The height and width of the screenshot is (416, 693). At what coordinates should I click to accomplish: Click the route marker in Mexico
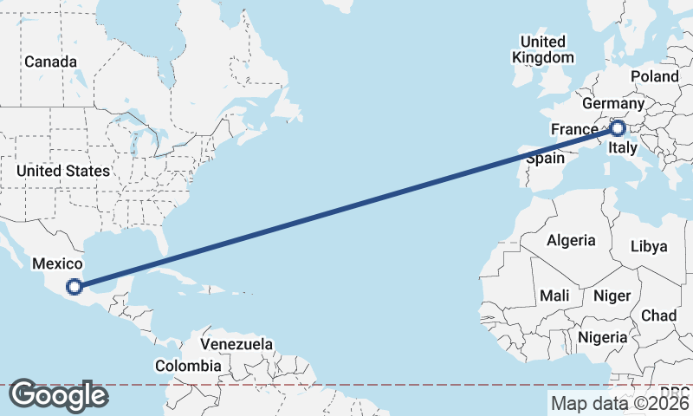click(x=75, y=286)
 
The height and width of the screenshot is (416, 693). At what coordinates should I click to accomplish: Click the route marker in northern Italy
click(x=618, y=129)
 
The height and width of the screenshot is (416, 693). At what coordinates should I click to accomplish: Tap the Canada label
click(x=50, y=62)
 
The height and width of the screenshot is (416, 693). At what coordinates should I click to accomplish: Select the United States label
click(x=63, y=171)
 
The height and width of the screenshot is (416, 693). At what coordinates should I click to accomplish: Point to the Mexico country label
click(x=57, y=264)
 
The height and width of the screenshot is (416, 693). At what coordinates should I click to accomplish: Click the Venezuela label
click(x=236, y=345)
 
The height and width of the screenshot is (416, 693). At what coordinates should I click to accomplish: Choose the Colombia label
click(x=188, y=366)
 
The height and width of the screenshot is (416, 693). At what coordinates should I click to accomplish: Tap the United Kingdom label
click(x=543, y=49)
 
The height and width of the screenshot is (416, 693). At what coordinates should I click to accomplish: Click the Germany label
click(x=613, y=104)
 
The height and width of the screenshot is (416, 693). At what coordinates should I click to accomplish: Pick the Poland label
click(x=654, y=76)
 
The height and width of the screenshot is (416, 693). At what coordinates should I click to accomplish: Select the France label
click(x=574, y=130)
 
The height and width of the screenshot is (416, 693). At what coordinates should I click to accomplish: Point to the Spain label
click(x=546, y=159)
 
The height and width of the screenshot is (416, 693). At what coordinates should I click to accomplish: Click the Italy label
click(x=624, y=149)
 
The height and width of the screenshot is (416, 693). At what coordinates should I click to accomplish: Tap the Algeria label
click(x=571, y=240)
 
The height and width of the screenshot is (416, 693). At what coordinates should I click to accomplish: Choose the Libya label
click(x=650, y=246)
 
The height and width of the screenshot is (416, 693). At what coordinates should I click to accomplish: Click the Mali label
click(x=554, y=296)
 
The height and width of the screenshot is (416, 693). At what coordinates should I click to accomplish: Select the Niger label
click(x=612, y=296)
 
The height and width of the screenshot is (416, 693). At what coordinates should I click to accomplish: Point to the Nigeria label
click(x=603, y=336)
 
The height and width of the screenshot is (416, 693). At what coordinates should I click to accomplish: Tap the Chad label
click(x=659, y=315)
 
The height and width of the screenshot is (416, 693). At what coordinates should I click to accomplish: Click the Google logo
click(x=58, y=395)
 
